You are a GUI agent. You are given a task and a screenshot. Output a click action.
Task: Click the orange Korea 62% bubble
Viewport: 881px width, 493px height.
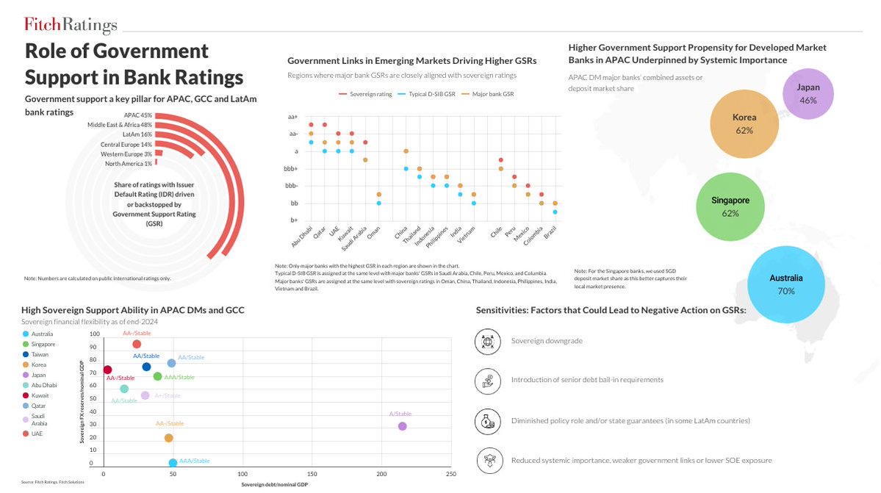point(744,123)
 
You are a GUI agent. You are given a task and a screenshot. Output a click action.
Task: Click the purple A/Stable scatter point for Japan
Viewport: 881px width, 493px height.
point(402,426)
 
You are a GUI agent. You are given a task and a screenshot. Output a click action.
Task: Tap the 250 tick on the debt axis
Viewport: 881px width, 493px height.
point(450,474)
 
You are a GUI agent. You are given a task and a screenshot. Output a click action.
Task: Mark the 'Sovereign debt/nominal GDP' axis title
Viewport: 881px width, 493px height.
point(276,486)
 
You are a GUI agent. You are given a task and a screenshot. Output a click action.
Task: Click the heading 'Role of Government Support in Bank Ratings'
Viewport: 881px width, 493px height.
point(134,64)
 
